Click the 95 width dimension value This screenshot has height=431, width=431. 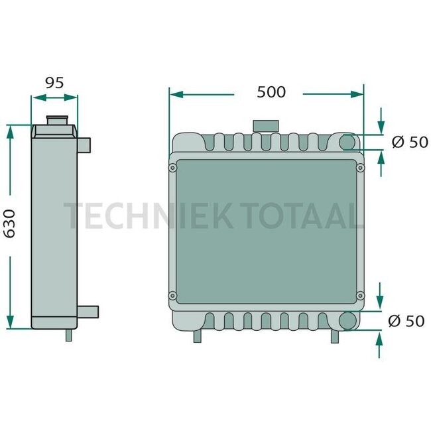click(54, 84)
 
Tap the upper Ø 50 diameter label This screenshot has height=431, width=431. click(409, 142)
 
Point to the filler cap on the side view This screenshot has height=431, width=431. click(56, 121)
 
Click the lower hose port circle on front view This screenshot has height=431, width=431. click(348, 320)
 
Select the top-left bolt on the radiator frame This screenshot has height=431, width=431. click(173, 168)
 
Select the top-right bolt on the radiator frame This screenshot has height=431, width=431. click(360, 168)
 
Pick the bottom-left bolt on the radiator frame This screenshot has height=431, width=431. click(173, 295)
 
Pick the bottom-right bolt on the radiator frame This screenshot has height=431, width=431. click(360, 295)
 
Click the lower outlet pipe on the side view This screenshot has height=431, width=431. click(88, 311)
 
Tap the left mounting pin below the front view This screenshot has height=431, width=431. click(197, 337)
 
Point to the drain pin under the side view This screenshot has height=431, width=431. click(68, 336)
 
